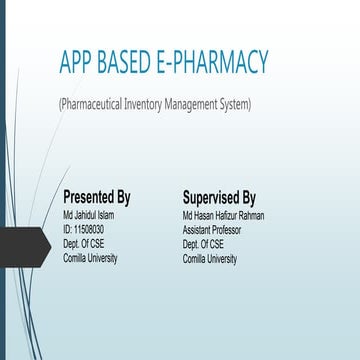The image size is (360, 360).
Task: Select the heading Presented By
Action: [96, 197]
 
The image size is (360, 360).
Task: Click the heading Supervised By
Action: [219, 197]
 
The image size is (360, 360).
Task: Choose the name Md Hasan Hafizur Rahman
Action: [223, 216]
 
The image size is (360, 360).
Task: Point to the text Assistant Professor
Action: [213, 230]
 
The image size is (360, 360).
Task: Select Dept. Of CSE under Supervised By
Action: [203, 244]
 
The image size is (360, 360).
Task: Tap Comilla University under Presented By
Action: [90, 258]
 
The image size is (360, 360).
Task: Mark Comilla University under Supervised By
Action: [210, 258]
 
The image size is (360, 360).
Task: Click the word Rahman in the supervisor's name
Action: [250, 216]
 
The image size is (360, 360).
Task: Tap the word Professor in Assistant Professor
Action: [227, 230]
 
